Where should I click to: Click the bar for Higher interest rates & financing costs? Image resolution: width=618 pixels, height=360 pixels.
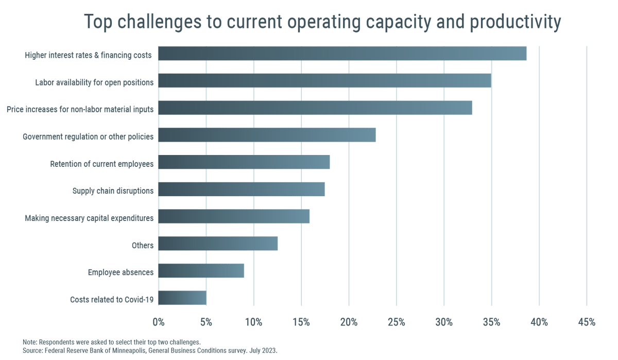pos(342,54)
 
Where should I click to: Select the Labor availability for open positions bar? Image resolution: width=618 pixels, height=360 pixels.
pos(324,81)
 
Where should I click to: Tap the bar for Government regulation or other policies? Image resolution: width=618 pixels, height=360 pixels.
pos(267,135)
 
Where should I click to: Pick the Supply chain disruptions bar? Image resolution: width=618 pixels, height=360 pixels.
pos(242,190)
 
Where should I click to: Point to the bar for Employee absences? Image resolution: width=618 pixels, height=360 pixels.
pos(201,271)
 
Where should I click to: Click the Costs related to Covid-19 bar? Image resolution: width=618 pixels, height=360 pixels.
pos(182,298)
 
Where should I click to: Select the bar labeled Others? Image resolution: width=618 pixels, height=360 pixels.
pos(218,244)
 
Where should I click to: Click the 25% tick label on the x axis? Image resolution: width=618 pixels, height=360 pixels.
pos(396,322)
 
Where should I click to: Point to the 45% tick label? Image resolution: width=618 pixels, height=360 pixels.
pos(586,322)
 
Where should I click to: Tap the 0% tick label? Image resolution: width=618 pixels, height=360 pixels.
pos(159,322)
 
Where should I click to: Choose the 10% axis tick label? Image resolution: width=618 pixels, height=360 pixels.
pos(253,322)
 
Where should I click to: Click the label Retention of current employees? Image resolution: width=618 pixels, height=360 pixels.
pos(101,164)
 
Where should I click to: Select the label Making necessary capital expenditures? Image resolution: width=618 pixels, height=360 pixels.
pos(89,218)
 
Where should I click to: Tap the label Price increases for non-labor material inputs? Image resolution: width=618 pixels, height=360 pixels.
pos(80,110)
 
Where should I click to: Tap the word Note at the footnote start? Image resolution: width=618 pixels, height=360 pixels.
pos(29,342)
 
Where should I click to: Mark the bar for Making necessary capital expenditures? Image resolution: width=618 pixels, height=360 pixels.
pos(234,217)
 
